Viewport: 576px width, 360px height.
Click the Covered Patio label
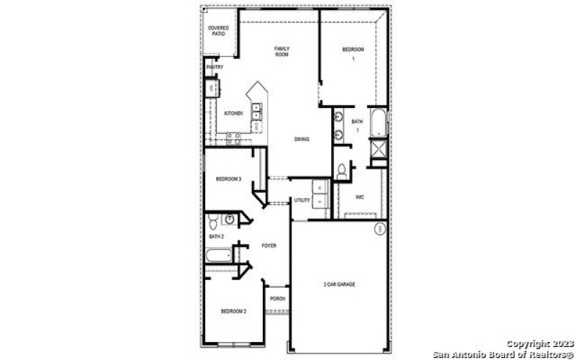point(218,31)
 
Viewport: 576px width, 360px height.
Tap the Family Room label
point(282,51)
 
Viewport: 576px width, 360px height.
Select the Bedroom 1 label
point(353,53)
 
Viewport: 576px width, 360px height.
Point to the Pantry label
point(215,67)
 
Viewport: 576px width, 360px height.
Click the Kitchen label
point(233,113)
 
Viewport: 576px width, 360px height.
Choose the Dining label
point(302,139)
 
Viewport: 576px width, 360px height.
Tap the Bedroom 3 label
point(228,179)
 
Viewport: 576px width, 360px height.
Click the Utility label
point(302,200)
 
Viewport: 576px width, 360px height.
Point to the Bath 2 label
point(217,236)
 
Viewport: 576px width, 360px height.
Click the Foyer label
point(269,246)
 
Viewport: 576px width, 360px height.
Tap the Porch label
point(277,298)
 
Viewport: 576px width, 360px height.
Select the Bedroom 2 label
point(234,311)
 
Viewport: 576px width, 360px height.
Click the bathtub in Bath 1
point(378,122)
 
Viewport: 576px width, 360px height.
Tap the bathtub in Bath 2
point(218,255)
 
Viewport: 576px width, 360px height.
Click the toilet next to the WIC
point(341,171)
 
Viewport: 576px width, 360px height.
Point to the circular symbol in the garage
point(380,229)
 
